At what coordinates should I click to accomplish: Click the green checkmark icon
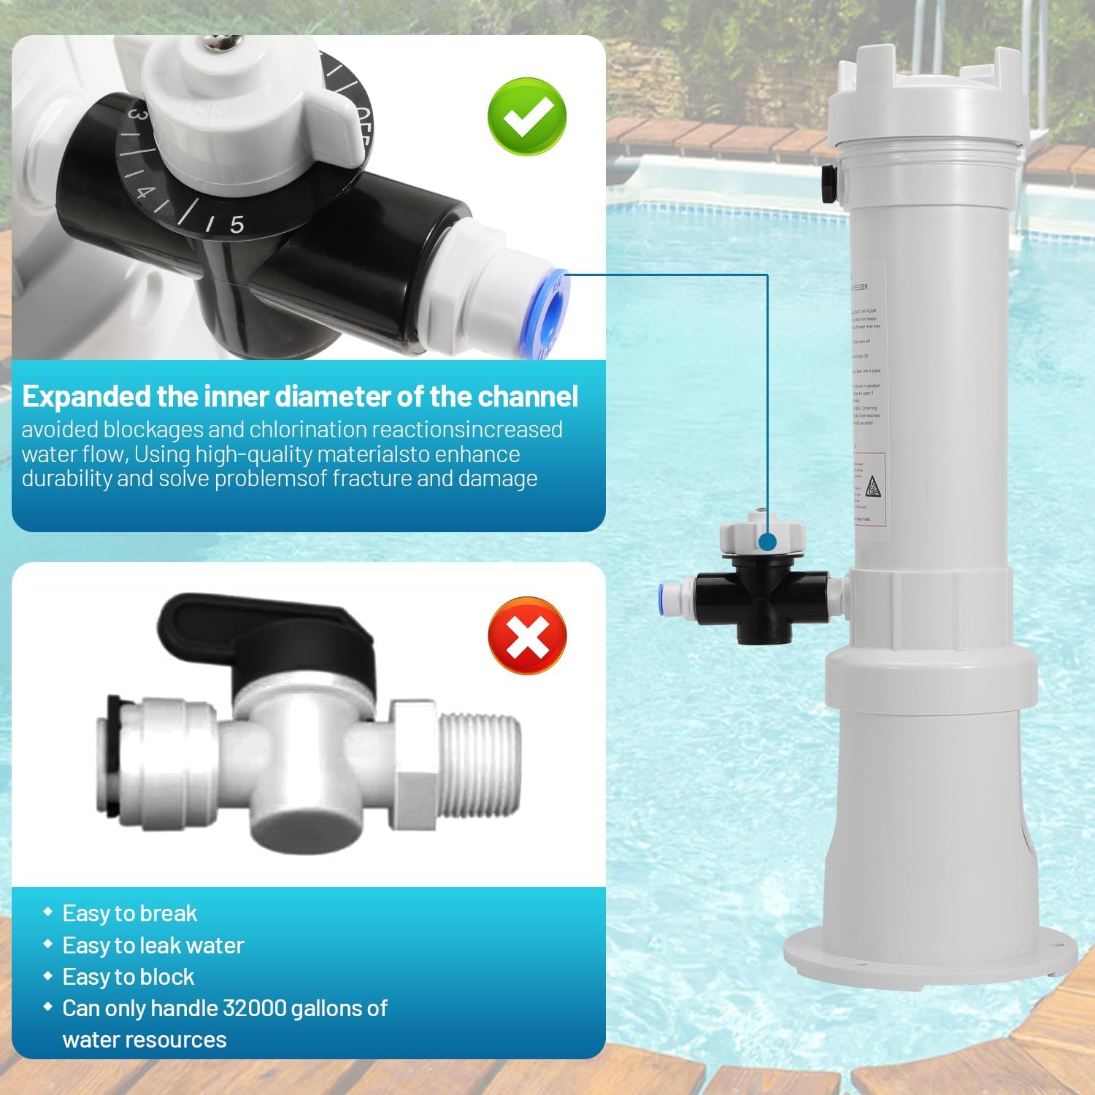tap(527, 117)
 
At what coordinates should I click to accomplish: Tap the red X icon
tap(527, 636)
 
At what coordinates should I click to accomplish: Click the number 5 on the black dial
tap(237, 225)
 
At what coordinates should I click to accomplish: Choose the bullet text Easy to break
tap(130, 913)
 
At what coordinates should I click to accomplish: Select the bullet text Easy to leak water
tap(153, 945)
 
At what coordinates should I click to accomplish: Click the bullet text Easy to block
tap(128, 977)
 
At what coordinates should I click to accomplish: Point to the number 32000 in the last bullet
tap(254, 1008)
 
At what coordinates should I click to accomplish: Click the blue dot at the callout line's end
tap(767, 542)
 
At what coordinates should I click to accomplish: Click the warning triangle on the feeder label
tap(872, 487)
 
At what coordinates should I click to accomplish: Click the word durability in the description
tap(66, 479)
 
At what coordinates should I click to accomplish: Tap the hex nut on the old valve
tap(412, 763)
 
